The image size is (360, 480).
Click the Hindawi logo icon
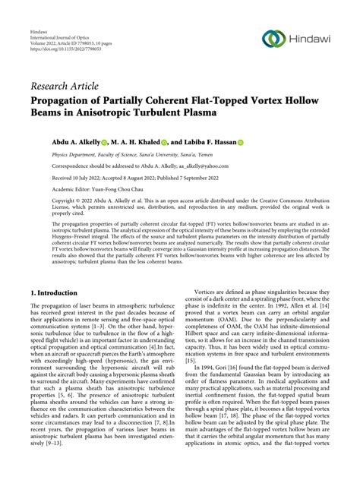(x=274, y=38)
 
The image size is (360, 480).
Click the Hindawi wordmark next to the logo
(x=310, y=38)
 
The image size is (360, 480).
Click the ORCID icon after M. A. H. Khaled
(x=144, y=141)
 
